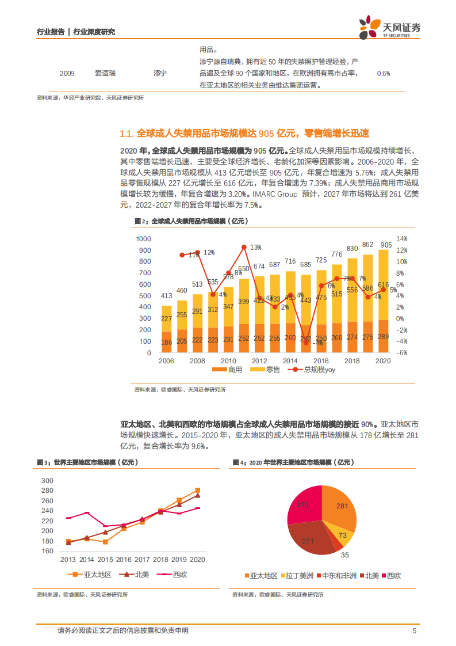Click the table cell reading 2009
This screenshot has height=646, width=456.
[x=67, y=73]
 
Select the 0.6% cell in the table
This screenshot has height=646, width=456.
[x=383, y=73]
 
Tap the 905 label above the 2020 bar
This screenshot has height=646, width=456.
[x=385, y=245]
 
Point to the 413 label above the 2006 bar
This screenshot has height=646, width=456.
[x=166, y=296]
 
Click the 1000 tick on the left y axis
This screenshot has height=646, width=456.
[x=143, y=239]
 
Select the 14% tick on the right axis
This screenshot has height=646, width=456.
[x=401, y=239]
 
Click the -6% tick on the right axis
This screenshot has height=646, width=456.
[x=401, y=353]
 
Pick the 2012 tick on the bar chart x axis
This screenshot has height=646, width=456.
[x=259, y=360]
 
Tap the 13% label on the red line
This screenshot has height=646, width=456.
[x=255, y=247]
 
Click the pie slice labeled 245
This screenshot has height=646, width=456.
[x=303, y=504]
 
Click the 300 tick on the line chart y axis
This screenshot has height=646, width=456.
[x=47, y=481]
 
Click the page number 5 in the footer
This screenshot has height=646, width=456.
[x=414, y=630]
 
